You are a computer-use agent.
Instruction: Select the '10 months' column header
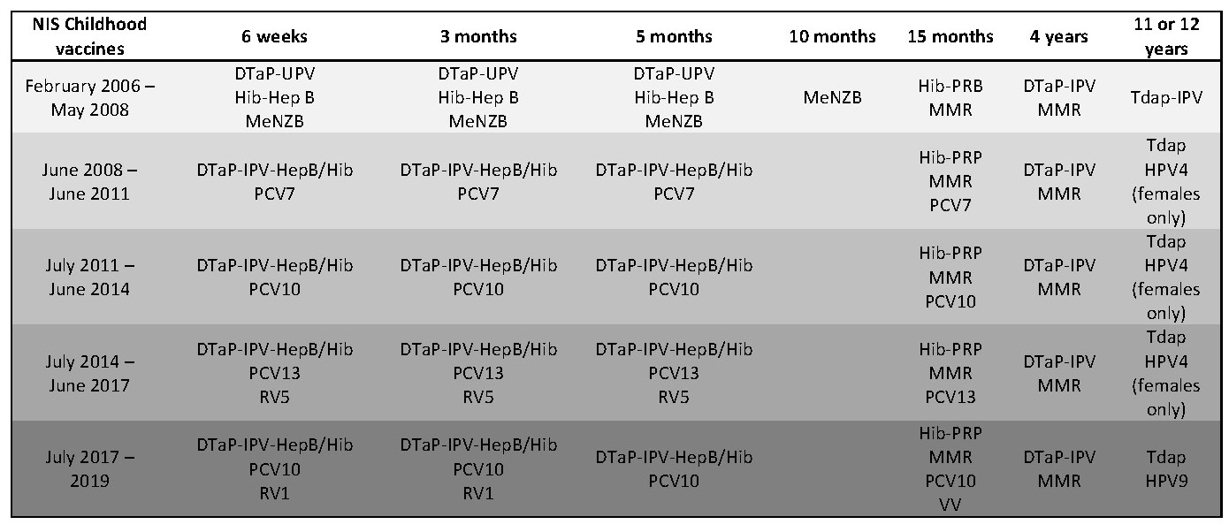tap(833, 36)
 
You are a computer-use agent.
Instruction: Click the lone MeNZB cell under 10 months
tap(833, 97)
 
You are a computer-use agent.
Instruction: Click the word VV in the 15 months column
tap(950, 504)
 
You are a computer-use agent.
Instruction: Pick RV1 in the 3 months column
tap(478, 491)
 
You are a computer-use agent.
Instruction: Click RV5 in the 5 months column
tap(674, 397)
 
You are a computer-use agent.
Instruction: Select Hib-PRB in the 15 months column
tap(950, 86)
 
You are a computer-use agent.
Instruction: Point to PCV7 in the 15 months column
tap(950, 206)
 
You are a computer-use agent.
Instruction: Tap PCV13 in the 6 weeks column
tap(274, 373)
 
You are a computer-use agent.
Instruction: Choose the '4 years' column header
tap(1058, 36)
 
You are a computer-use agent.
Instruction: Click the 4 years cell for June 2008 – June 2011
tap(1058, 181)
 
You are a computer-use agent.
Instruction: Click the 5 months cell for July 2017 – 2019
tap(674, 468)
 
